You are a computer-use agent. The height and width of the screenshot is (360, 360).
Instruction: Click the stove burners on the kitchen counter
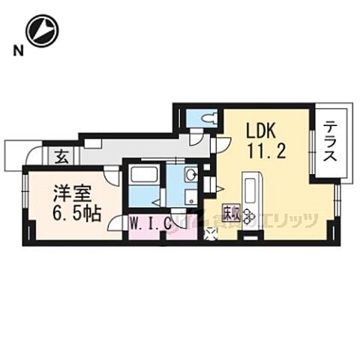tap(248, 216)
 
